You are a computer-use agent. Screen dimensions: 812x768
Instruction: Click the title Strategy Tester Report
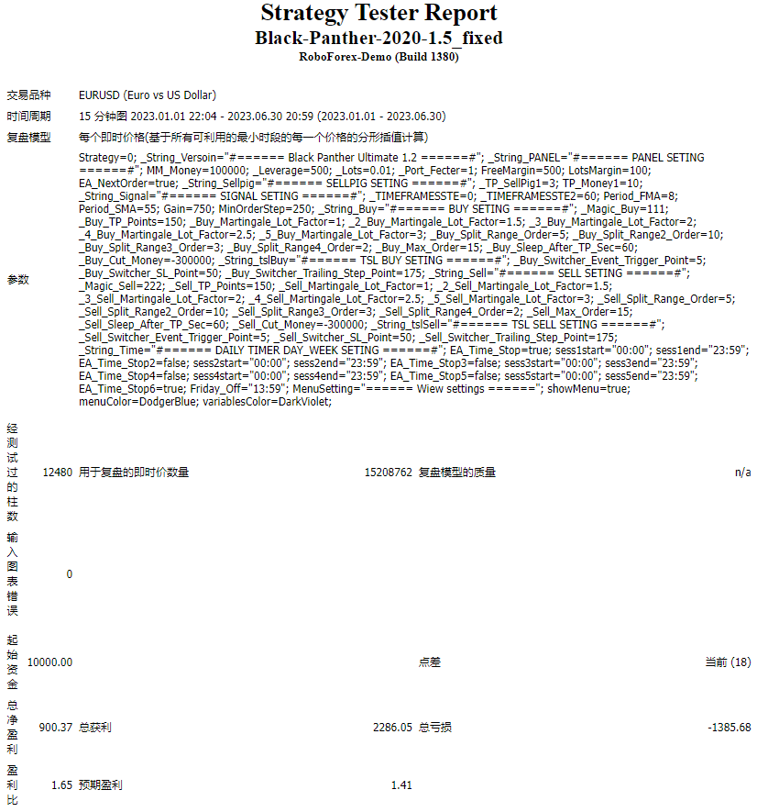click(x=379, y=14)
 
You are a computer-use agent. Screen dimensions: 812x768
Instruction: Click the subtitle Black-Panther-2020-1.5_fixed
click(x=379, y=38)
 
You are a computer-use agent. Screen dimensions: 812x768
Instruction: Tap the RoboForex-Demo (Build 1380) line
click(x=379, y=57)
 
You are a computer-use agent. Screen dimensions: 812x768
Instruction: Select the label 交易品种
click(x=29, y=95)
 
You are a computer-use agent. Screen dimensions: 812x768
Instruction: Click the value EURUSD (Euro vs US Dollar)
click(x=148, y=95)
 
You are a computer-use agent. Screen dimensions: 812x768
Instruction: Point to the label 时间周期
click(x=29, y=117)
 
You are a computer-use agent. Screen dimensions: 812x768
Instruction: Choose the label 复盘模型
click(x=29, y=138)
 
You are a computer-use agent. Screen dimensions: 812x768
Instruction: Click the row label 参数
click(x=18, y=279)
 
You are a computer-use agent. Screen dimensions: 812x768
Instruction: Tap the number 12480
click(x=58, y=473)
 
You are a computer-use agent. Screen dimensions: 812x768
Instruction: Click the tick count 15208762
click(x=388, y=473)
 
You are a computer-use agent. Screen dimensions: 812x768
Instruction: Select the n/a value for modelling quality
click(x=742, y=473)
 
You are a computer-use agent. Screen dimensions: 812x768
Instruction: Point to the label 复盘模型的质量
click(x=457, y=473)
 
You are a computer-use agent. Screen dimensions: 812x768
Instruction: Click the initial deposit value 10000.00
click(x=50, y=662)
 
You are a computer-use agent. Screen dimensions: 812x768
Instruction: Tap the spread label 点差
click(x=430, y=662)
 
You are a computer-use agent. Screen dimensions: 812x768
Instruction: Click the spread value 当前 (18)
click(x=728, y=662)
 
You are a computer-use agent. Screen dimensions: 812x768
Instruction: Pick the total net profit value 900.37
click(x=55, y=728)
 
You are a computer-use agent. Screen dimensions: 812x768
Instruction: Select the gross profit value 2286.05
click(x=392, y=728)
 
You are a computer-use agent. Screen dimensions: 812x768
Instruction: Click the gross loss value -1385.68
click(x=730, y=728)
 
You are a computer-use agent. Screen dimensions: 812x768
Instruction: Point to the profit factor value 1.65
click(x=61, y=785)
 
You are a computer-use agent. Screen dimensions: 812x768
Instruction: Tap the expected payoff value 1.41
click(x=401, y=785)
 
